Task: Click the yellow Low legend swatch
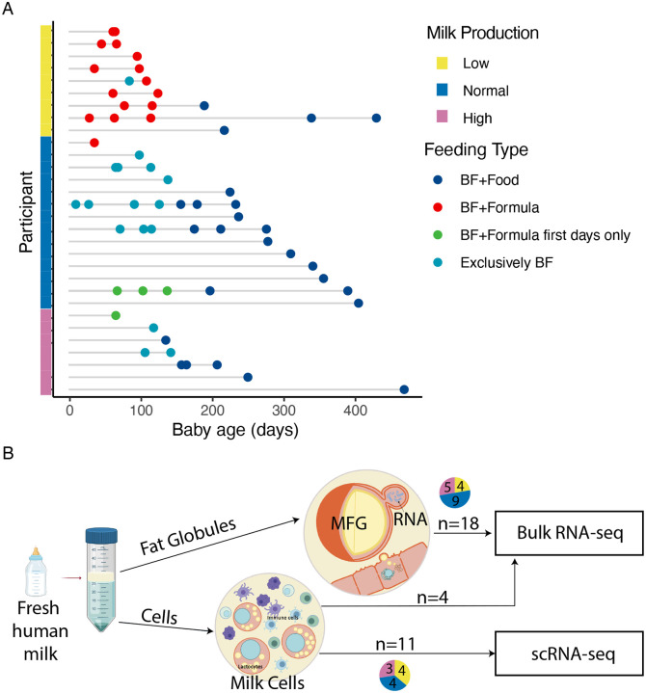coord(433,65)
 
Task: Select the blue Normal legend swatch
coord(433,92)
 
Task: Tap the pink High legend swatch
coord(433,119)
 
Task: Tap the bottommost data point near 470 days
coord(404,389)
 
